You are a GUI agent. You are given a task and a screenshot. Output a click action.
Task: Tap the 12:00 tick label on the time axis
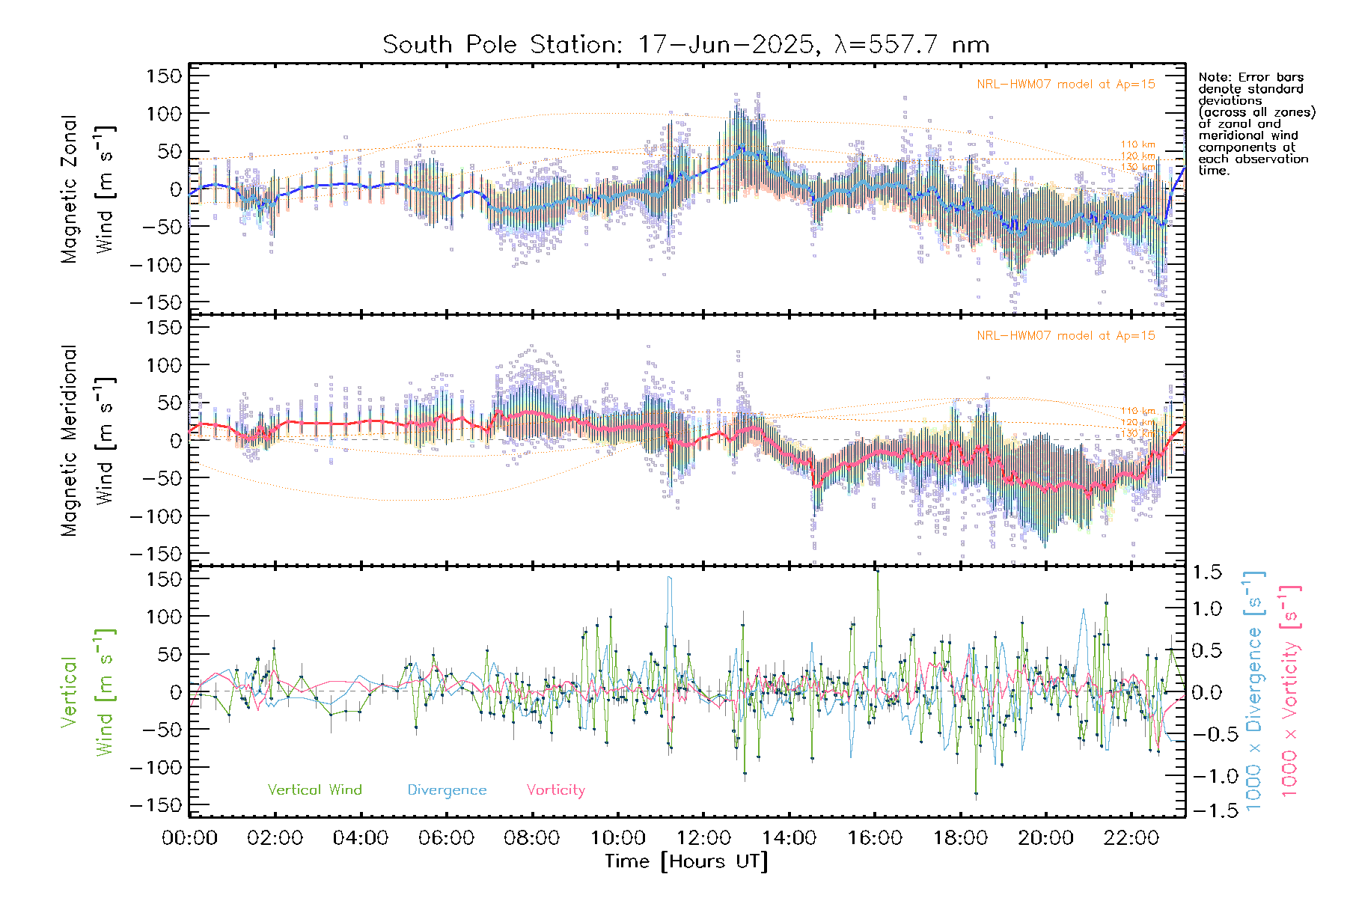[703, 837]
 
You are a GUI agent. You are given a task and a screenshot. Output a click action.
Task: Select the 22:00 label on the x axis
[1131, 837]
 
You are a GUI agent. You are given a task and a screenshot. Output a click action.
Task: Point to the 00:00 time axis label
[189, 837]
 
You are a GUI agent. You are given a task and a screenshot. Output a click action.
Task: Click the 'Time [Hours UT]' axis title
[686, 861]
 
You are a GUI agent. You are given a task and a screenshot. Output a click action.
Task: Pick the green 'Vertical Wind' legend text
[314, 789]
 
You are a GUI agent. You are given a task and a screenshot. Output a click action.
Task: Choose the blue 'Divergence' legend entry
[447, 789]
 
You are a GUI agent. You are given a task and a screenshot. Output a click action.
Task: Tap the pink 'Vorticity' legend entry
[555, 789]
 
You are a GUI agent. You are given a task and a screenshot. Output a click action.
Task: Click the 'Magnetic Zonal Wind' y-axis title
[88, 189]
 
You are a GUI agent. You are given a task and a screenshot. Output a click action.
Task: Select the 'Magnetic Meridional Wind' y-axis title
[88, 441]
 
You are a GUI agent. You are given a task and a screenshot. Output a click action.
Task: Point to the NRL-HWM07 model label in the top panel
[1066, 85]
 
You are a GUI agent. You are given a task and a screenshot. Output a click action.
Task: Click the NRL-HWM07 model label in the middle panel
[1066, 336]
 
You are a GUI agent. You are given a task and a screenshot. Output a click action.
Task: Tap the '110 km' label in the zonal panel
[1137, 144]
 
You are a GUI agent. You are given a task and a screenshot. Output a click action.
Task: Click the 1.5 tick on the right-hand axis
[1206, 572]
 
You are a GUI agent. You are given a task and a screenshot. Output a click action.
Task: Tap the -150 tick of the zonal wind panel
[156, 302]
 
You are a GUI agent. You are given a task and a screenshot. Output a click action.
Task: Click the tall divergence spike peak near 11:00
[670, 577]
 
